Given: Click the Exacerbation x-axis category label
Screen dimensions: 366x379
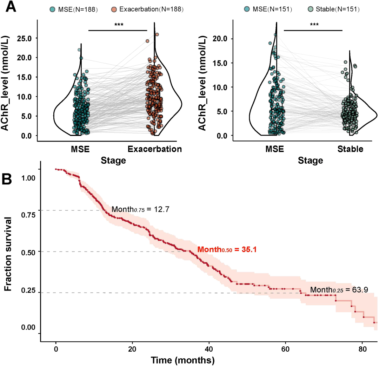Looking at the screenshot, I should coord(155,149).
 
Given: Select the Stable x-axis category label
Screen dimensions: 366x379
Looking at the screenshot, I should coord(350,149).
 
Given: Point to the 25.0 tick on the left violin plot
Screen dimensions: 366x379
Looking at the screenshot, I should coord(24,38).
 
